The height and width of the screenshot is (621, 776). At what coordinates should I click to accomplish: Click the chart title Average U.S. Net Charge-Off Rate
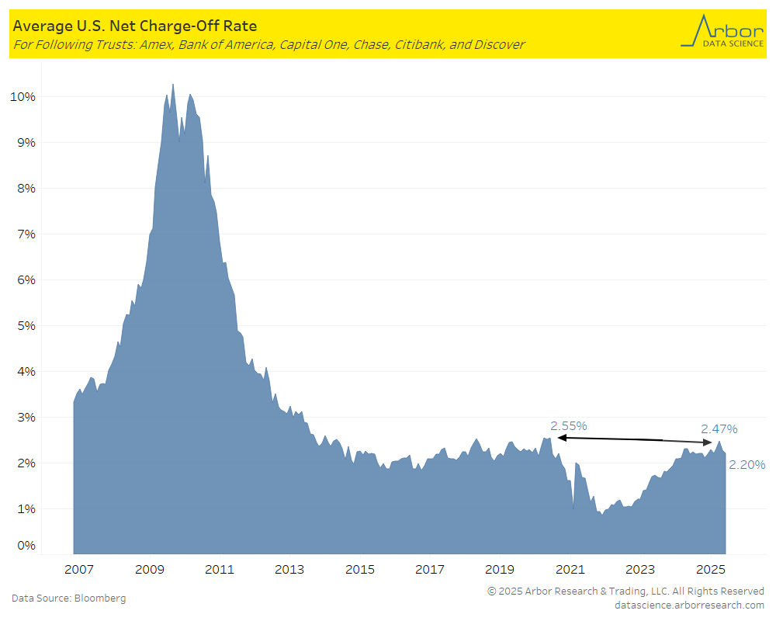[134, 26]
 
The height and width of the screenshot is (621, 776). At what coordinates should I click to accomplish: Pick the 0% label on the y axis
[25, 546]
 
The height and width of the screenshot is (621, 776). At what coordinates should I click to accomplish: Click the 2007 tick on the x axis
[79, 570]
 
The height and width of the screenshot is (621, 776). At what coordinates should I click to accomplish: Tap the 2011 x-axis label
[220, 570]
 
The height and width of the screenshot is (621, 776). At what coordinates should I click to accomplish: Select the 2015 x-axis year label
[360, 570]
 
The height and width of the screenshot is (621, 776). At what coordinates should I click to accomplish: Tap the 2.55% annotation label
[569, 426]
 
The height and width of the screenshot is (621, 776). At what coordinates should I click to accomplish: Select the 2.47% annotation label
[719, 428]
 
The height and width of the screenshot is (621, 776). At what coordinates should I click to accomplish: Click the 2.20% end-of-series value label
[747, 465]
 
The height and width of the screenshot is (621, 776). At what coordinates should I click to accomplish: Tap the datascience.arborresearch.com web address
[689, 605]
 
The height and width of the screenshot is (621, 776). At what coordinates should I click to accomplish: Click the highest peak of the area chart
[172, 84]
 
